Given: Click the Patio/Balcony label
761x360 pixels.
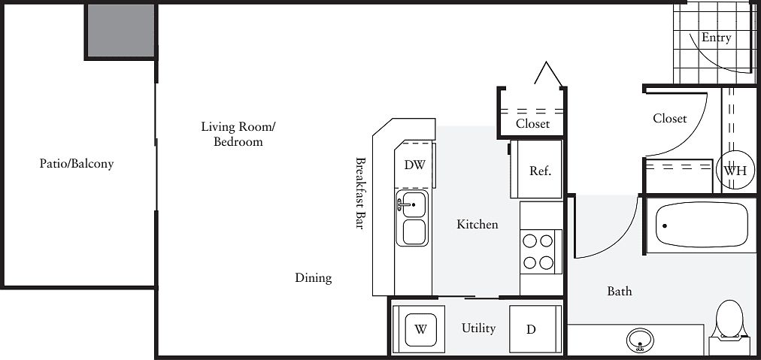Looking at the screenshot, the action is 77,164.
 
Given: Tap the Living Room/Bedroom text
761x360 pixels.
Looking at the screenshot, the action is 238,135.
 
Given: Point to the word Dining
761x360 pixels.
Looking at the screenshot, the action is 314,278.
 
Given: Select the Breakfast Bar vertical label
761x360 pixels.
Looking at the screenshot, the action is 360,192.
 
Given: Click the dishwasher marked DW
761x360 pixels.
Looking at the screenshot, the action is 414,165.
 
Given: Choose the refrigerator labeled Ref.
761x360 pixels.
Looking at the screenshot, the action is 536,169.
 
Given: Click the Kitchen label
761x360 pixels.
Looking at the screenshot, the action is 478,224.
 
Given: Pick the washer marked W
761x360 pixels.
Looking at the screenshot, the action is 420,329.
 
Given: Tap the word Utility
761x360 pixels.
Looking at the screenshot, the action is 478,328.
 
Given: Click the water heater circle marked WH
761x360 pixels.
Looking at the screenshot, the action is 735,171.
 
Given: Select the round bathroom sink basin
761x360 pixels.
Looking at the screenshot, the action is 640,341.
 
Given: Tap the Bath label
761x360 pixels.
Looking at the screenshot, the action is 620,291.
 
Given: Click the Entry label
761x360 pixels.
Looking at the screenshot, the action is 717,38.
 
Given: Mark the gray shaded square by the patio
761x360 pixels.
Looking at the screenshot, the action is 121,31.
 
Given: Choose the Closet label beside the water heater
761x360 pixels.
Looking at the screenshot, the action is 670,118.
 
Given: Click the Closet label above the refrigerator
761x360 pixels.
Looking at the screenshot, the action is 533,123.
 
